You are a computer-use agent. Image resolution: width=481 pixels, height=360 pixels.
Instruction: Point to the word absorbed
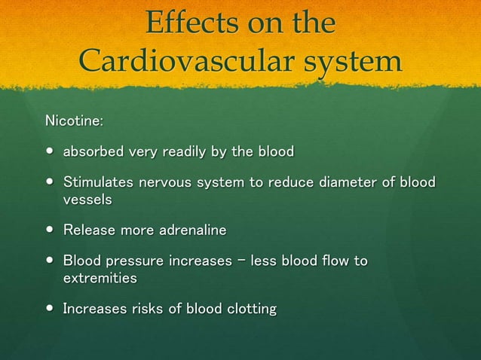pos(93,152)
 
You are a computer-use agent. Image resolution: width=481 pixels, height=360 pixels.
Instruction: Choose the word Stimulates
pos(99,183)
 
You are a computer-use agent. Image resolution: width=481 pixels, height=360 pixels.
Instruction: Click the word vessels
pos(87,200)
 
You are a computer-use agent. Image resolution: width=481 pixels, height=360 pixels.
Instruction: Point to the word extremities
pos(100,278)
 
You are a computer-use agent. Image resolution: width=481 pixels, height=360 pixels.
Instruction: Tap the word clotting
pos(247,309)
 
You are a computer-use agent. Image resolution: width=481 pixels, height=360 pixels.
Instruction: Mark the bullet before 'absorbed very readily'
pos(50,153)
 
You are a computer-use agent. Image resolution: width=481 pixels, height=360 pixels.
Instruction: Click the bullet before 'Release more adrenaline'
pos(50,230)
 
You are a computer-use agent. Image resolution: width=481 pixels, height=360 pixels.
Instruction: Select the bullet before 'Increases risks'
pos(50,310)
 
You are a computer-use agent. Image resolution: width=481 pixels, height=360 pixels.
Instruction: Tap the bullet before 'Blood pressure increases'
pos(50,262)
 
